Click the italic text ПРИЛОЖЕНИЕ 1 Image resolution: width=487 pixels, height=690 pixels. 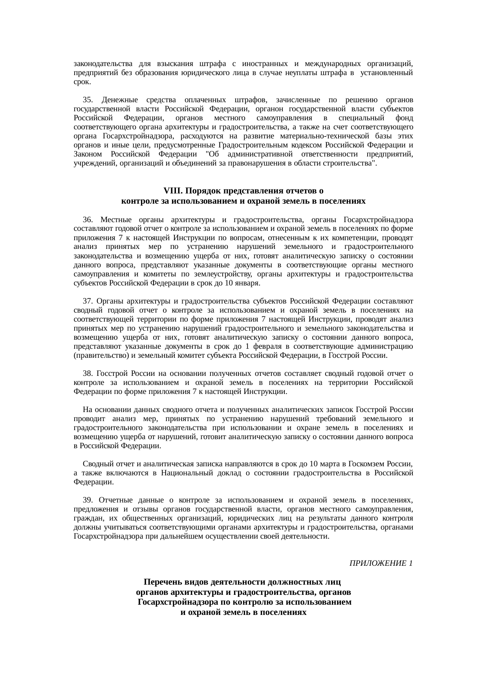pos(381,563)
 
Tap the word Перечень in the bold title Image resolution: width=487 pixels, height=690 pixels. pos(163,581)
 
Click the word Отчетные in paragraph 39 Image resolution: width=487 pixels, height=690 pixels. pos(115,500)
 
